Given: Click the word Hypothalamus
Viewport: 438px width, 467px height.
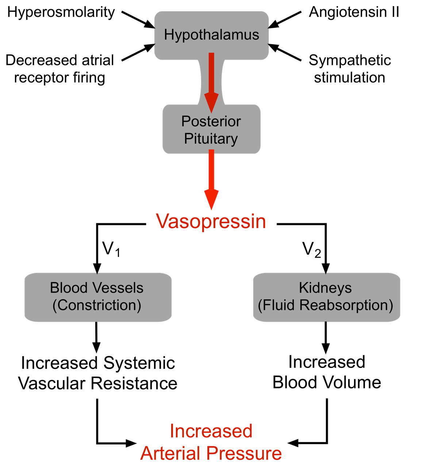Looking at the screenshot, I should (x=211, y=35).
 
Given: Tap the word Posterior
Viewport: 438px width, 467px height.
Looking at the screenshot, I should (x=211, y=121).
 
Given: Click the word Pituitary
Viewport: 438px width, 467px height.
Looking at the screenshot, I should (x=211, y=139).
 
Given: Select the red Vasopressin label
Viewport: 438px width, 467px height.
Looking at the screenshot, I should (x=211, y=221).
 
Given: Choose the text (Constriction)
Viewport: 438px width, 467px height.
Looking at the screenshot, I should (x=97, y=305).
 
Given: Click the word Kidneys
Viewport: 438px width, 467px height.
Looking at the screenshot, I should (x=325, y=288).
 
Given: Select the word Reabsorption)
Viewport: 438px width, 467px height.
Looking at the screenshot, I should (x=346, y=305).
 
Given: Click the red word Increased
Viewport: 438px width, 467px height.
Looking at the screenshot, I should (x=211, y=431).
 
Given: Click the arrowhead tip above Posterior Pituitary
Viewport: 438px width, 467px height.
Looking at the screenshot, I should (x=211, y=111).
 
